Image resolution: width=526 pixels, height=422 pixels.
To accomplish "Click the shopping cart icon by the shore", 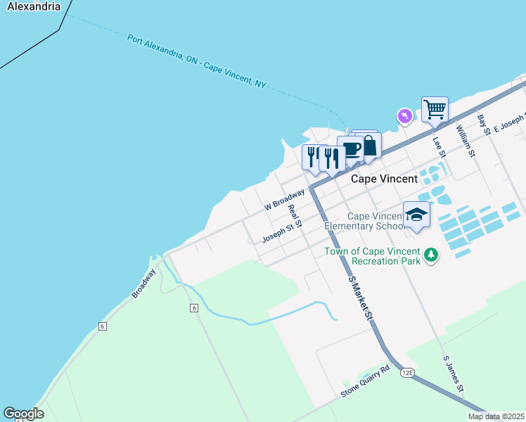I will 435,110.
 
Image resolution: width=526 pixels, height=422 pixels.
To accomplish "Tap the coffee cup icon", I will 350,148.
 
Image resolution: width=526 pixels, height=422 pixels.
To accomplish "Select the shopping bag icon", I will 368,146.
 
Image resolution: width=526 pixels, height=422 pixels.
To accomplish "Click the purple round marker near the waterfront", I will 404,115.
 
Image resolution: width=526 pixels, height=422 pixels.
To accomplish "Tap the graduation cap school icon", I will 416,215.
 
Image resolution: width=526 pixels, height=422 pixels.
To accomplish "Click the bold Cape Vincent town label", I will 384,179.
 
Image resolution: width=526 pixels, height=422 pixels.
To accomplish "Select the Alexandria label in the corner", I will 30,6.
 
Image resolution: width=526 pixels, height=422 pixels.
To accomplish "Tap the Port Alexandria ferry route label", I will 197,60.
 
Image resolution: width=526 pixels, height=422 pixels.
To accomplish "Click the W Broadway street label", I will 284,199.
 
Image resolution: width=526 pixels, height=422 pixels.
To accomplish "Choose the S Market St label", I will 360,298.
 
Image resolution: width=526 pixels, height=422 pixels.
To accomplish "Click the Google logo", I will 23,414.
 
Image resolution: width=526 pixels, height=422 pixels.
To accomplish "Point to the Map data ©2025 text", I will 495,416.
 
